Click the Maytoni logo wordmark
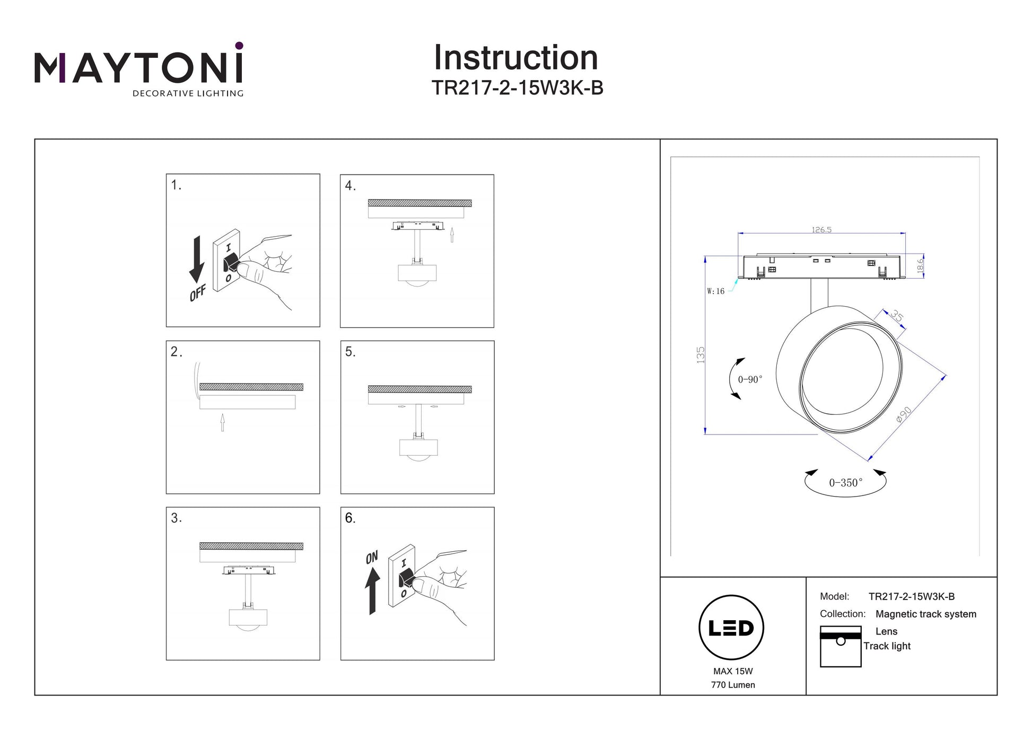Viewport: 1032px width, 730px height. (x=139, y=69)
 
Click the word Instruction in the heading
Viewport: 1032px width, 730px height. (x=516, y=57)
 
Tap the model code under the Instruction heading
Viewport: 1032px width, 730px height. (x=517, y=88)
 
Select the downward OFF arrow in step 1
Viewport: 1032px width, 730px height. (x=197, y=259)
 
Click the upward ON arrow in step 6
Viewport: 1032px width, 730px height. (x=372, y=591)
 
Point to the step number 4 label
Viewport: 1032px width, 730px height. (x=350, y=186)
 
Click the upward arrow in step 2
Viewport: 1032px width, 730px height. (x=223, y=422)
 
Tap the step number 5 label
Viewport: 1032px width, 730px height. (x=350, y=352)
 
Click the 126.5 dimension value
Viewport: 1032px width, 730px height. (x=821, y=230)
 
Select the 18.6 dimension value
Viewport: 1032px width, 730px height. (x=920, y=266)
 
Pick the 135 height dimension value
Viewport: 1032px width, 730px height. (x=701, y=354)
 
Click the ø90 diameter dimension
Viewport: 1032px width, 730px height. (x=904, y=414)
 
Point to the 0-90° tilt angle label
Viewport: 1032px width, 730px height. (x=750, y=379)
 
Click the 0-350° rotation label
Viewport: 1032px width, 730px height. (x=846, y=483)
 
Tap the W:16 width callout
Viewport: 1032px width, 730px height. (x=715, y=291)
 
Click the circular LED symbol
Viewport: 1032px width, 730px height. (x=731, y=628)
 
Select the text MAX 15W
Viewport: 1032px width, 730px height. (x=733, y=671)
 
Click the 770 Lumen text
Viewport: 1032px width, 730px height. (x=733, y=685)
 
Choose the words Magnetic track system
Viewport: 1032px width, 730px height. (x=926, y=614)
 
